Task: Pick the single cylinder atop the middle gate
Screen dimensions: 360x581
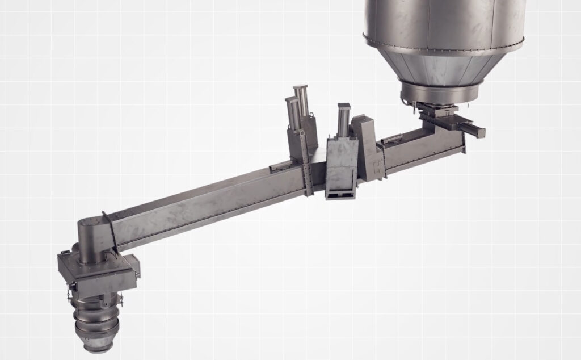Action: pos(344,119)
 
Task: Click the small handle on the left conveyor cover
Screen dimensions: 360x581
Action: pos(281,166)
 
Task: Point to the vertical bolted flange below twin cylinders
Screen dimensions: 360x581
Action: pos(308,165)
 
